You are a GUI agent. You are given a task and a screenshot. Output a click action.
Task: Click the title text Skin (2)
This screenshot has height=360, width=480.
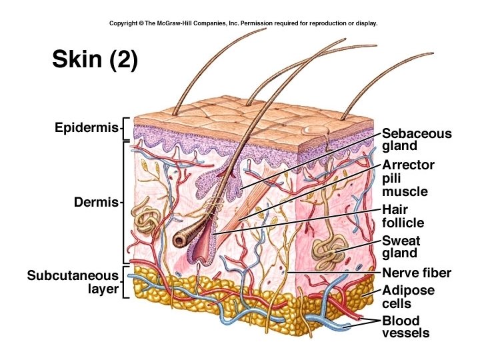click(x=95, y=59)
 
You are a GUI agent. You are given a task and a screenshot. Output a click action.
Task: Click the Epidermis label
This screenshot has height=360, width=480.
click(x=86, y=127)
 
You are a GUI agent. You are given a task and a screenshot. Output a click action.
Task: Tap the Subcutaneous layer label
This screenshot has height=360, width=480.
click(x=73, y=282)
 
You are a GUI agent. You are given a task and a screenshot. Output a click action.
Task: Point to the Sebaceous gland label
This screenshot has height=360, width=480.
click(x=417, y=139)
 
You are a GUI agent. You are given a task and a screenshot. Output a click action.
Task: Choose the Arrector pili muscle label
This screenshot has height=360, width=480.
click(x=409, y=177)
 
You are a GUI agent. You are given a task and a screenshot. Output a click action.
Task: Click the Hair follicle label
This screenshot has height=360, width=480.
click(x=403, y=216)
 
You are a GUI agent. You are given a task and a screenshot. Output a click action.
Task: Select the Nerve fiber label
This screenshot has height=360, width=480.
click(x=417, y=273)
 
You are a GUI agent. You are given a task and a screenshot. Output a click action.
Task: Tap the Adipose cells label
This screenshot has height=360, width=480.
click(x=408, y=297)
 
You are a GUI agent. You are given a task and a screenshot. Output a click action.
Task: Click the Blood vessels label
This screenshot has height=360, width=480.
click(x=405, y=327)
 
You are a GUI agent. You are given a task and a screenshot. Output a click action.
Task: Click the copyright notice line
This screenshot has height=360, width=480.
click(x=243, y=23)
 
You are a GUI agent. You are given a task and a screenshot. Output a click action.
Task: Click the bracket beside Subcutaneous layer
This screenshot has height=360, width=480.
click(x=125, y=282)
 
